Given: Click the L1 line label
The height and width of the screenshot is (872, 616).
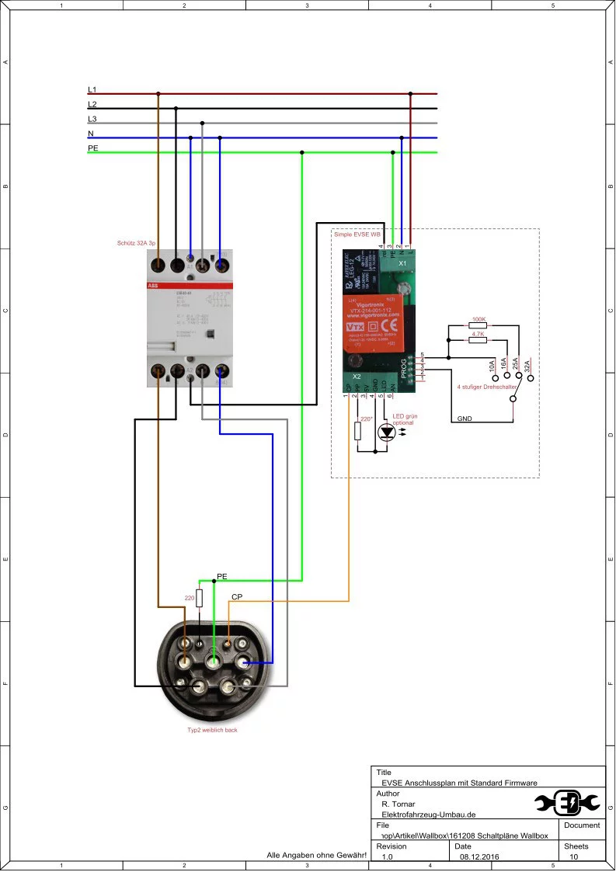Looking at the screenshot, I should pos(92,90).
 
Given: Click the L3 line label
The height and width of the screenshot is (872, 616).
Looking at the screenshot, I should pos(92,119).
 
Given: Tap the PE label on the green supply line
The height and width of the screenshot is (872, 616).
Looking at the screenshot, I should pos(93,148).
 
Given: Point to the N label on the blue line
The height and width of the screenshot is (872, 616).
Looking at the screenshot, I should pos(91,134).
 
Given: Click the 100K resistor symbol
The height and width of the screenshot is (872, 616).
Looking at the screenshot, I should pos(479,325).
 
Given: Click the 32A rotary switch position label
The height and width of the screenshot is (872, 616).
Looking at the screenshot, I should pos(527,367).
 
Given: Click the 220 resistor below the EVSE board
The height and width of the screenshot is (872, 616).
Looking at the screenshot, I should pos(358,431).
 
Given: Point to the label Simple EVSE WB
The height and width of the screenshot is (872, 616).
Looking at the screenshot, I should pos(357,234).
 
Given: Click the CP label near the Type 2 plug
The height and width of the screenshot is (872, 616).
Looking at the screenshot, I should pos(238,596).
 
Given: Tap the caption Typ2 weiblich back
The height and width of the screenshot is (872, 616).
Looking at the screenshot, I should pos(212,730).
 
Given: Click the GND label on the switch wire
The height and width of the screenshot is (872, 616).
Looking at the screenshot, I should pos(465,419).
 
